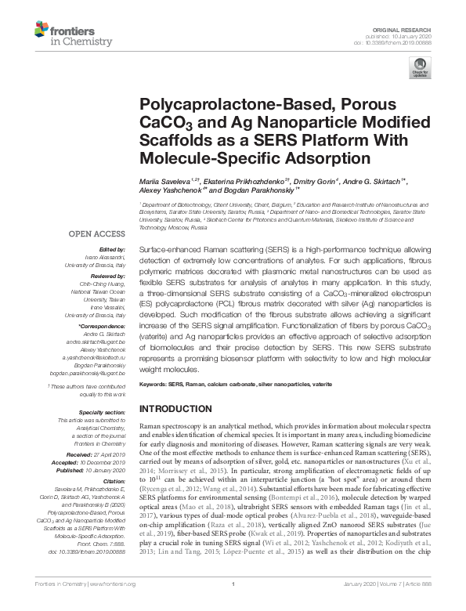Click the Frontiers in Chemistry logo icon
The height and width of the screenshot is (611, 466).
45,31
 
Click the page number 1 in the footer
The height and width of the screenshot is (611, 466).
233,606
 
